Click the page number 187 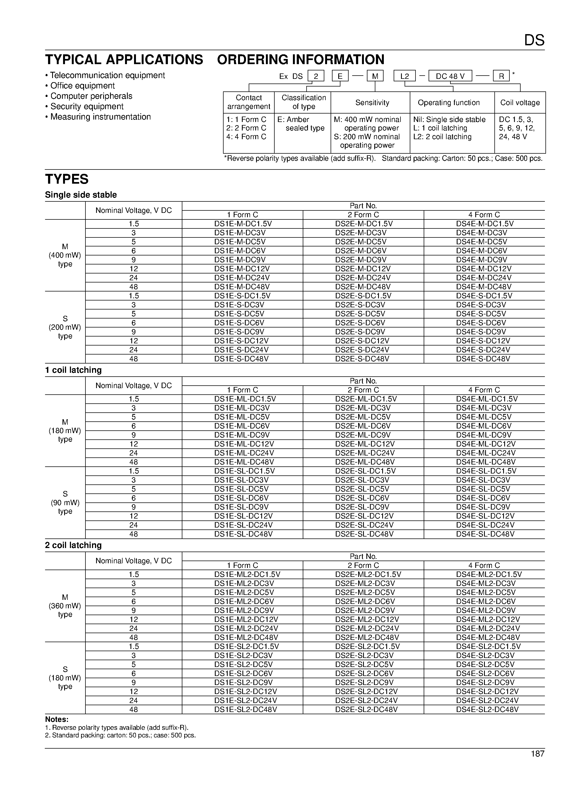[x=537, y=754]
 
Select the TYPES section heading [x=67, y=179]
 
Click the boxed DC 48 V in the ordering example [x=450, y=76]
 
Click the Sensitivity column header [x=372, y=103]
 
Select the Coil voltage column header [x=520, y=103]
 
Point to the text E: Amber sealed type [x=301, y=124]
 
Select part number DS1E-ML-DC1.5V [x=245, y=399]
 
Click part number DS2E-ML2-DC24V [x=367, y=629]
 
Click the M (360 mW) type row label [x=65, y=606]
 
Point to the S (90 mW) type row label [x=65, y=503]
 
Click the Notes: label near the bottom [x=57, y=719]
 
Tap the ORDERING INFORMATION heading [x=301, y=60]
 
